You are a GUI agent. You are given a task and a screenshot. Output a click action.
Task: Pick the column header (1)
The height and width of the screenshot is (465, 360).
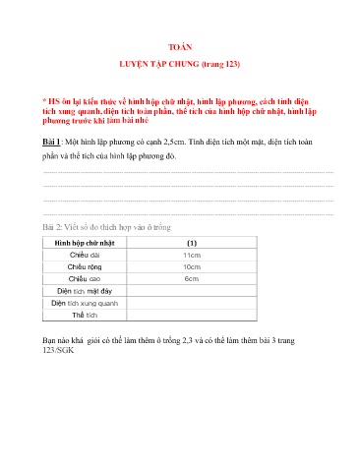(x=192, y=242)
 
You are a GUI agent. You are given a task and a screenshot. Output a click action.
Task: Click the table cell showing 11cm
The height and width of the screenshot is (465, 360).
(x=192, y=255)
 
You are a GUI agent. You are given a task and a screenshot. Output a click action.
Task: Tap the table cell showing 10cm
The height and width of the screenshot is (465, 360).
(x=192, y=266)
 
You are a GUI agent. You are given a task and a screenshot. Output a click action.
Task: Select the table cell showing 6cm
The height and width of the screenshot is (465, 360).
(x=192, y=279)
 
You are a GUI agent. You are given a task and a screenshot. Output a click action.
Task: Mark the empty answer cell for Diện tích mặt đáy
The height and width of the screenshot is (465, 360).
(x=192, y=292)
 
